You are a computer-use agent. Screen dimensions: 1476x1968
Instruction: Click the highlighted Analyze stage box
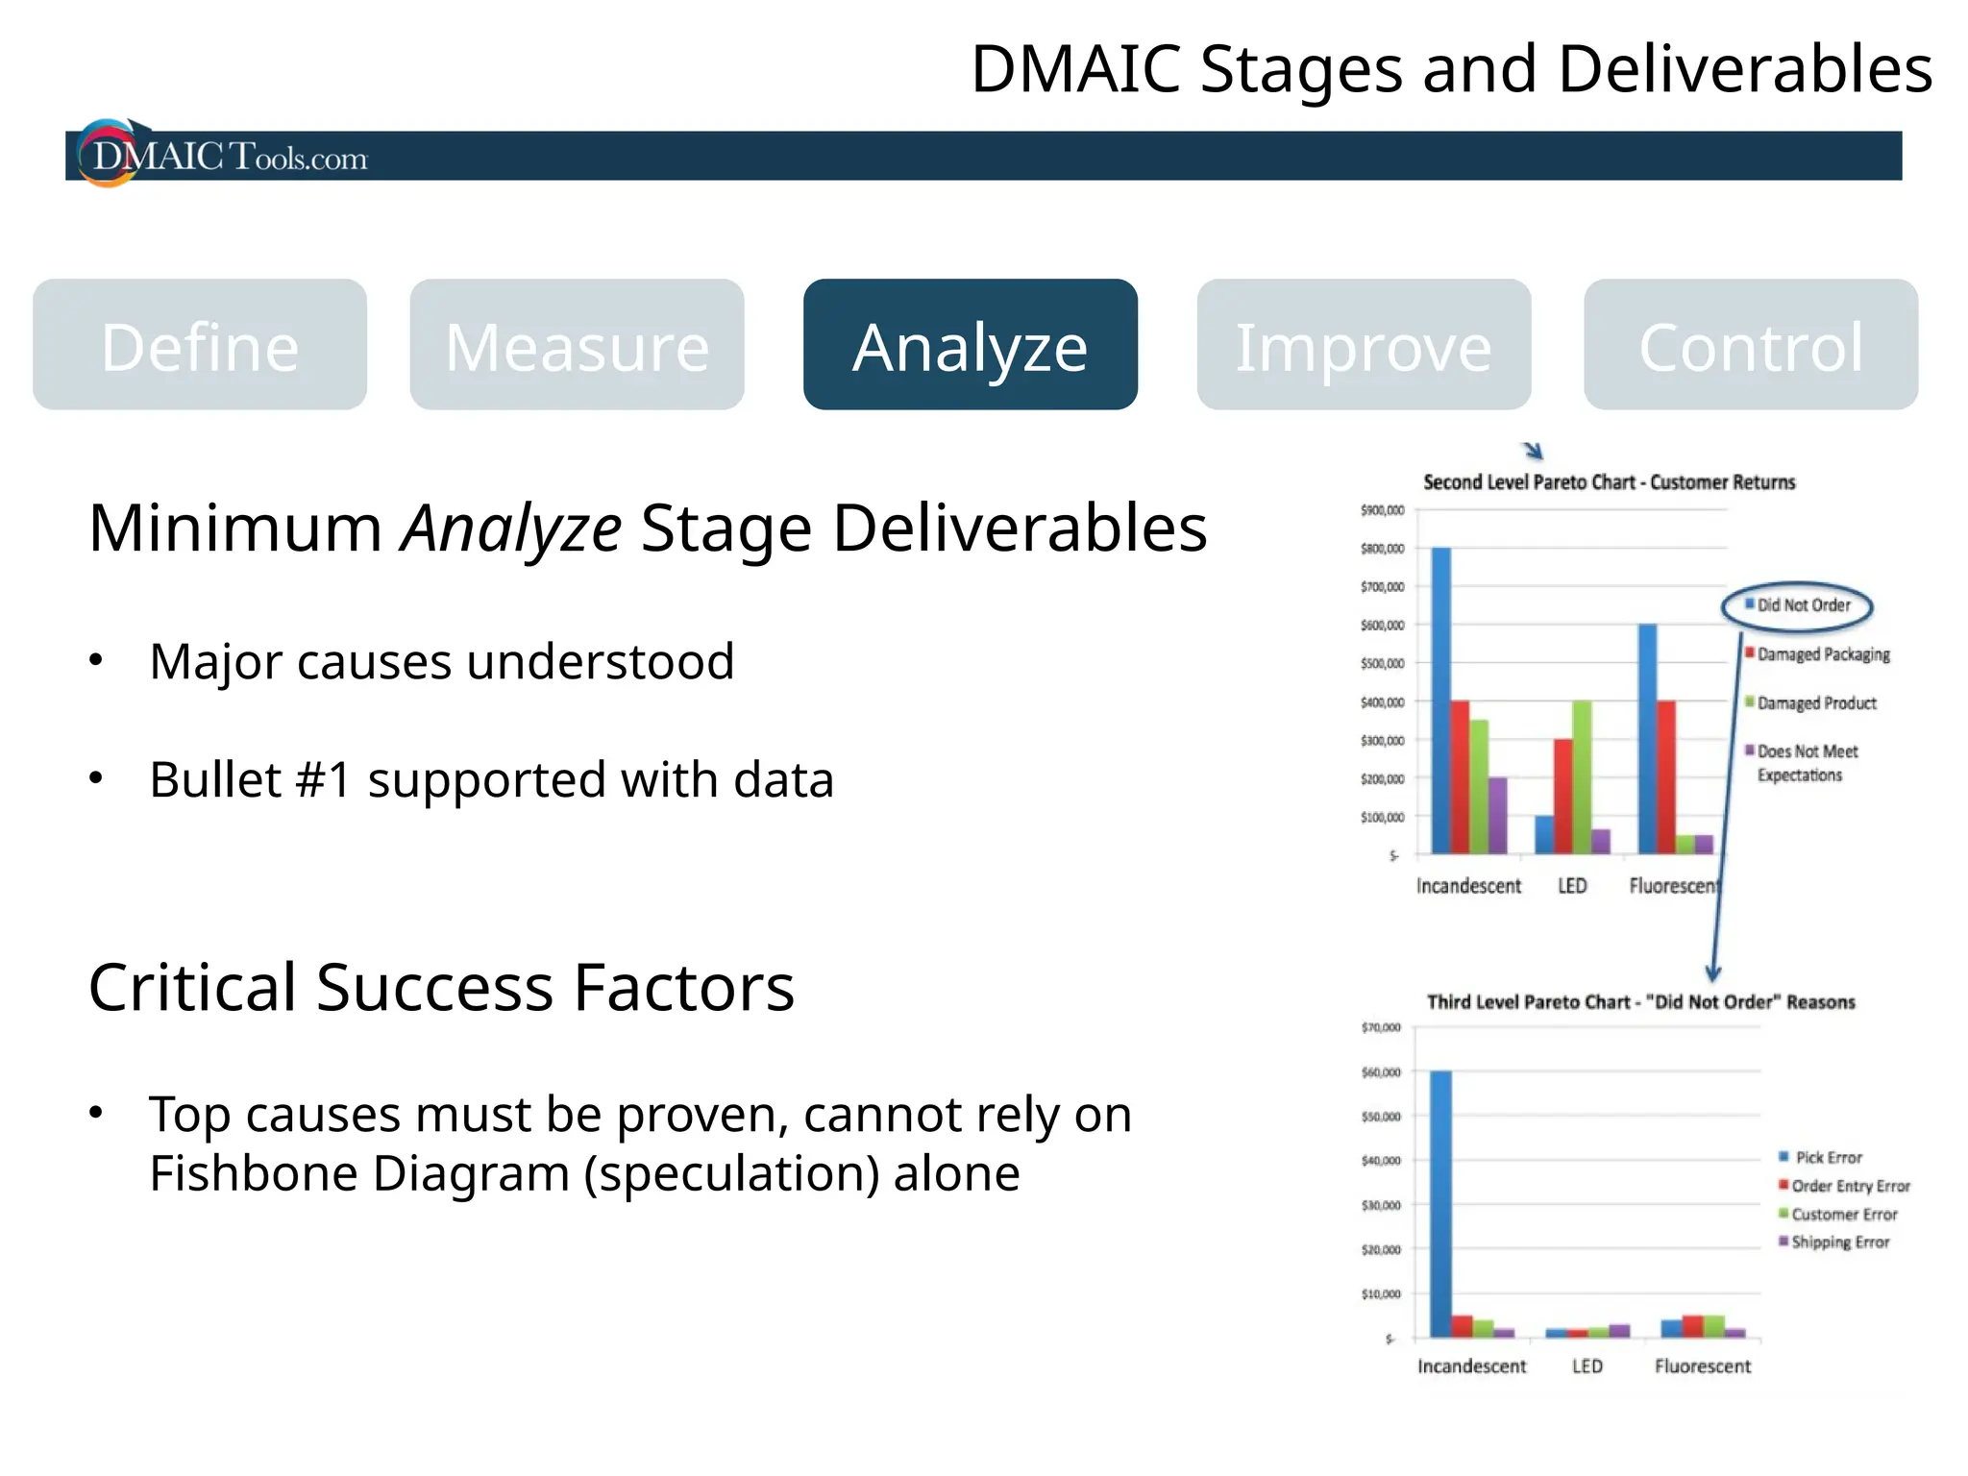pos(970,345)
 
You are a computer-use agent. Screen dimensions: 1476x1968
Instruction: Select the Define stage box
pos(200,345)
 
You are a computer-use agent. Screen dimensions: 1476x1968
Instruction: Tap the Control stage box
pos(1750,345)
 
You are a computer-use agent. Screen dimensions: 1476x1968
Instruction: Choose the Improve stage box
pos(1363,345)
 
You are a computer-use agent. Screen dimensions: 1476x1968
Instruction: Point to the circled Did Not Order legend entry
pos(1797,605)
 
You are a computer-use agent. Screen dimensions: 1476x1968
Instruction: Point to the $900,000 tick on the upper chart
pos(1382,510)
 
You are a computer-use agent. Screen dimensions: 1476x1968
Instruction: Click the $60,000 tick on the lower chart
pos(1381,1072)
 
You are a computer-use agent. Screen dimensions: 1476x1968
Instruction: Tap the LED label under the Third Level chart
pos(1587,1366)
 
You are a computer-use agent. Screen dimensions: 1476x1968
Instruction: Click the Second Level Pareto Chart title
pos(1609,482)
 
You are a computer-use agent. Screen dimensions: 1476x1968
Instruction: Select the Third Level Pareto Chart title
pos(1640,1002)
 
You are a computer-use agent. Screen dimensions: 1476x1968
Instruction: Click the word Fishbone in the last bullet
pos(252,1174)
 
